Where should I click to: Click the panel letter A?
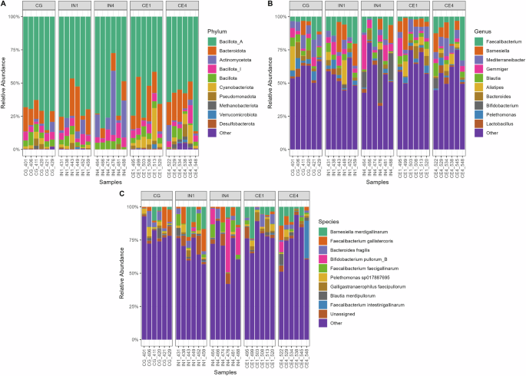click(x=4, y=5)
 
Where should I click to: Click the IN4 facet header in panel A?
click(x=111, y=7)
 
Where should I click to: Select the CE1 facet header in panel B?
click(x=409, y=7)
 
